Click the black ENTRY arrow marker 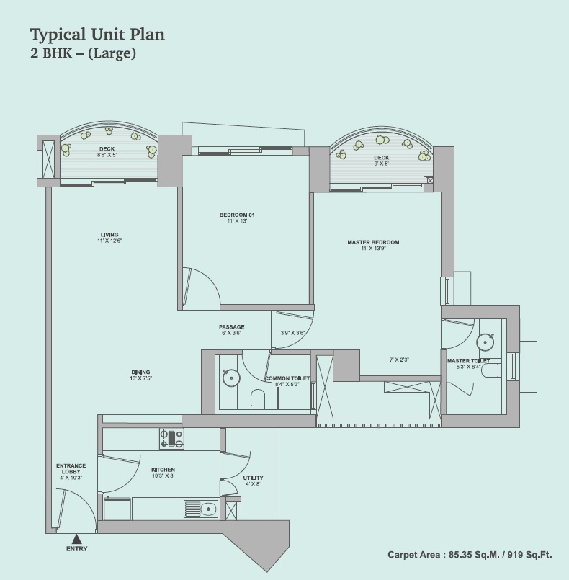click(76, 539)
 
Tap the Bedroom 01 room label click(237, 215)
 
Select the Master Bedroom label click(373, 242)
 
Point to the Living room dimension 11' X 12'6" click(109, 241)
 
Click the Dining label click(141, 372)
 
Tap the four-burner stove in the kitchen click(171, 439)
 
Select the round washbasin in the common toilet click(231, 378)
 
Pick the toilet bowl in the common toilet click(258, 399)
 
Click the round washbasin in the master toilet click(485, 342)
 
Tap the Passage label click(231, 327)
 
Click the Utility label click(254, 478)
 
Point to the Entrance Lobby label click(71, 468)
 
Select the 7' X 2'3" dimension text click(399, 360)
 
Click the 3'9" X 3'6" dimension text click(292, 333)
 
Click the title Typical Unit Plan click(97, 35)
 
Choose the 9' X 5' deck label click(381, 164)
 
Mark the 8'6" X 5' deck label click(107, 155)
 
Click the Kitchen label click(163, 470)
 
